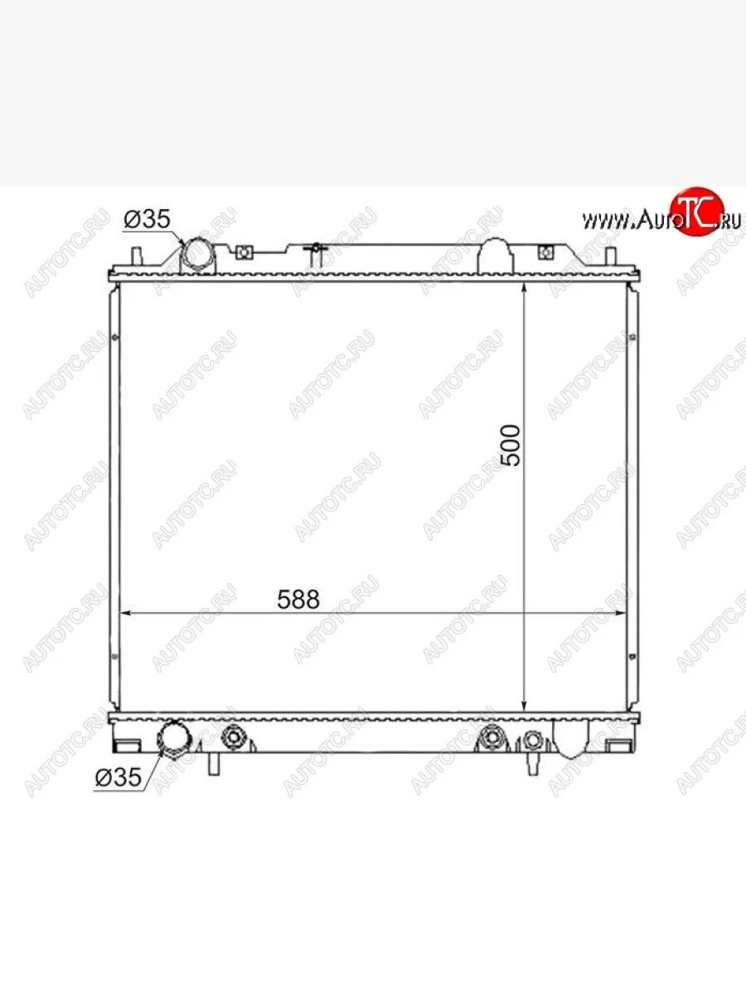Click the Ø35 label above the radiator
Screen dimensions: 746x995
coord(147,219)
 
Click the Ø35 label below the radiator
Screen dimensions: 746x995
coord(119,778)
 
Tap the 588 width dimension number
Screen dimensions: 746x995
coord(298,599)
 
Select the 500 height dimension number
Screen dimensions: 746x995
coord(511,445)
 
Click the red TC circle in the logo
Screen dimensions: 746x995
coord(697,211)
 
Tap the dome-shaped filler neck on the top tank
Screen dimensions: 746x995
coord(496,256)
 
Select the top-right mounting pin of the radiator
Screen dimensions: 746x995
coord(611,256)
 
